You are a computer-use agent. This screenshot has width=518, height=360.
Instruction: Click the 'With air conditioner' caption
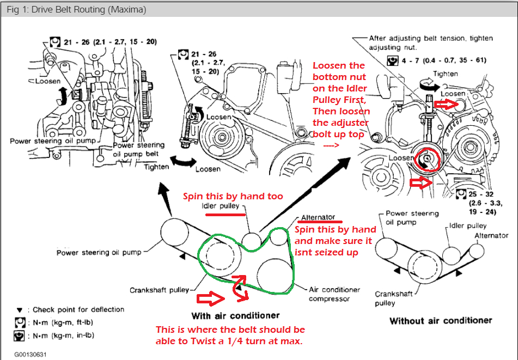(x=235, y=315)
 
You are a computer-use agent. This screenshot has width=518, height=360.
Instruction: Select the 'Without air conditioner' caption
(x=440, y=320)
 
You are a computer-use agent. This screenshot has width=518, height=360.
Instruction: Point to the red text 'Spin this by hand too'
(x=233, y=196)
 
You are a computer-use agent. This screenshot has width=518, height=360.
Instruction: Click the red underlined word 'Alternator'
(x=319, y=217)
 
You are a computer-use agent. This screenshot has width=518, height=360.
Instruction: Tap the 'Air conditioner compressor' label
(x=334, y=294)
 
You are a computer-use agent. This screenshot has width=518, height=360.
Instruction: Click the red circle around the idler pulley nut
(x=426, y=158)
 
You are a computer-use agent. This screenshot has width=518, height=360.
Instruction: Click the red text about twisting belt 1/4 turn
(x=230, y=335)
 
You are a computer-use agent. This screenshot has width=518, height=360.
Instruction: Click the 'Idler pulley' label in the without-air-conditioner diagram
(x=468, y=225)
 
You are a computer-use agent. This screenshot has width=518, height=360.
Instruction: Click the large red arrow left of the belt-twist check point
(x=211, y=298)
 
